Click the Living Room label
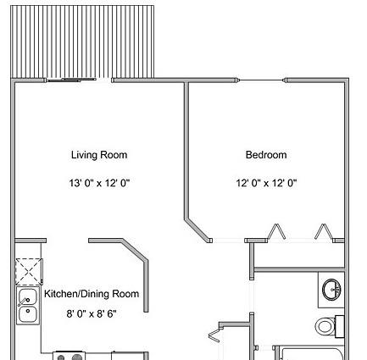99,155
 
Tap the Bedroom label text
266,155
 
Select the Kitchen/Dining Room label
92,294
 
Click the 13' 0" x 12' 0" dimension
99,183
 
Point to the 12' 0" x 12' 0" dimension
266,183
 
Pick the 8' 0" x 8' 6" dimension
92,313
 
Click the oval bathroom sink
331,290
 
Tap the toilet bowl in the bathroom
325,326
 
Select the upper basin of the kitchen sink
28,296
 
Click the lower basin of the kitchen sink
28,314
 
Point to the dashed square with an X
29,272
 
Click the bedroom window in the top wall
262,80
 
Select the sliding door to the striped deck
70,80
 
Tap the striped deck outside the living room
82,42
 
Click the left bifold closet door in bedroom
276,232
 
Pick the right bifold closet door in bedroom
324,232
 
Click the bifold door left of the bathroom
214,335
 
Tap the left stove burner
61,358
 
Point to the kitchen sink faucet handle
23,302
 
